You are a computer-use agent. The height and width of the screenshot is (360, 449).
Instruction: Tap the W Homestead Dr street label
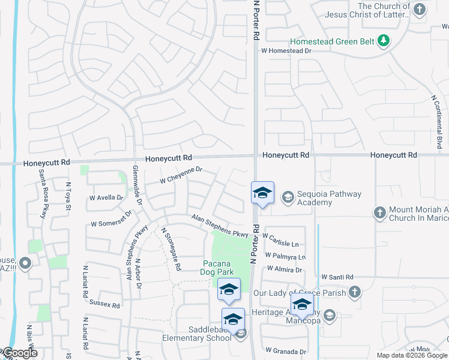[286, 51]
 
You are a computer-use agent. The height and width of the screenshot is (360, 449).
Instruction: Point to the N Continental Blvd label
[436, 121]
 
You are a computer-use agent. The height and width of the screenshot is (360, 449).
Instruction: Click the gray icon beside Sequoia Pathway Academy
[288, 197]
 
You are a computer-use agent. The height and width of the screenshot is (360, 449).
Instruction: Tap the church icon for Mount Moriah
[379, 212]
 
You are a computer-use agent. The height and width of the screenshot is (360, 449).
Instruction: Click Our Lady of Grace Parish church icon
[355, 292]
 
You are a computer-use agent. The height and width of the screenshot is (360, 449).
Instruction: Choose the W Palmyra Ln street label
[282, 256]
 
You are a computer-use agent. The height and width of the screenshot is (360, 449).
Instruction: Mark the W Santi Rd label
[337, 277]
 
